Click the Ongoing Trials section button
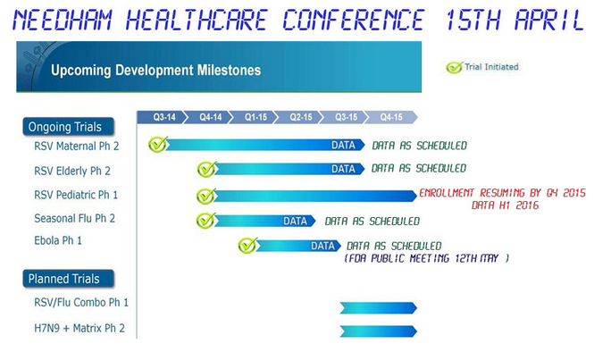(69, 127)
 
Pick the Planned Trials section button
(69, 279)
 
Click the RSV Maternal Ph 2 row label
(77, 147)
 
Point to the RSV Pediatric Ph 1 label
(76, 195)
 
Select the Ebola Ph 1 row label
(58, 240)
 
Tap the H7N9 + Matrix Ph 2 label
(80, 328)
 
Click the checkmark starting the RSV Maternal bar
(158, 145)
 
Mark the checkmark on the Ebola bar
(247, 246)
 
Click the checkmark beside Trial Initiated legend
(455, 67)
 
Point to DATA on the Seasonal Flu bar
(295, 222)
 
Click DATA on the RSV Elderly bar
(343, 169)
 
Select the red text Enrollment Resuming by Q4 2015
(503, 193)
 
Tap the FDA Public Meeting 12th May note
(426, 258)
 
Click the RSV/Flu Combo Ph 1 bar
(378, 308)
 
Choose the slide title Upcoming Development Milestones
(155, 71)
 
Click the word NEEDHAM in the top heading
(63, 20)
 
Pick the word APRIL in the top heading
(549, 20)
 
